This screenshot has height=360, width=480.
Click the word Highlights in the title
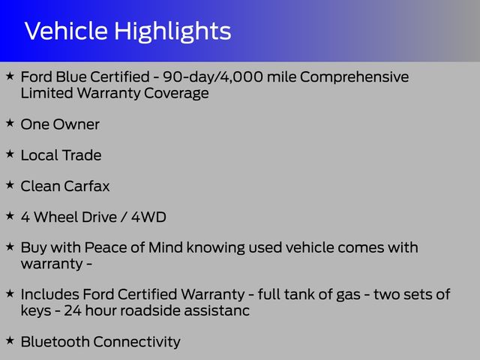(x=172, y=32)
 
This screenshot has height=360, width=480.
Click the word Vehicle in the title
(x=66, y=31)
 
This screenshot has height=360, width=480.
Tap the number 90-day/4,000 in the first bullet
(x=213, y=76)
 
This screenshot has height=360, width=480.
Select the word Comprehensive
(x=354, y=77)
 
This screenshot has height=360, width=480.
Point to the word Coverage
(x=176, y=93)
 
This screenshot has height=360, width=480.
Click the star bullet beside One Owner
(x=10, y=123)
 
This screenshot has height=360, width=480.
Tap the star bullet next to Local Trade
(x=10, y=154)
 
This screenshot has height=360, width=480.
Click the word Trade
(x=82, y=155)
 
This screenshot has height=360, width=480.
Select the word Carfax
(x=87, y=186)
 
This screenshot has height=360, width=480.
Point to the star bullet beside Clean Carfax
(x=10, y=184)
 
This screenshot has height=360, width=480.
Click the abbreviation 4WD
(x=148, y=217)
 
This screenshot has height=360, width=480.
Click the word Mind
(x=166, y=247)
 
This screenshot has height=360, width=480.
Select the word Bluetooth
(x=55, y=342)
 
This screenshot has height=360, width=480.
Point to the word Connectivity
(x=136, y=343)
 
